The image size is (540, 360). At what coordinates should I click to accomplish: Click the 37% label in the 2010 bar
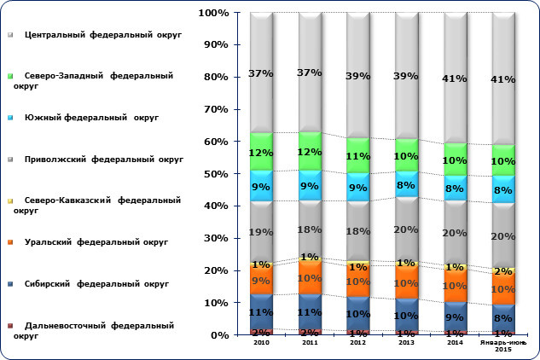click(260, 74)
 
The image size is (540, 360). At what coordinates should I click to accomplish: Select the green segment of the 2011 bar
click(310, 151)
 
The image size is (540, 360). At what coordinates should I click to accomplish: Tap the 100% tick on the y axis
click(211, 14)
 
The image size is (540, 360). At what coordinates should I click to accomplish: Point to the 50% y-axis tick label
click(214, 174)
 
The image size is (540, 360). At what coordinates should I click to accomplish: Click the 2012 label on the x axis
click(357, 342)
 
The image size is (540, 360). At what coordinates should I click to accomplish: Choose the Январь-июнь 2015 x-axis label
click(503, 345)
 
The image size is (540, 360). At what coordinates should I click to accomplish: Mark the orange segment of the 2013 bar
click(406, 282)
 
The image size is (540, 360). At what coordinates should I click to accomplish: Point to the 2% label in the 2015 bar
click(505, 271)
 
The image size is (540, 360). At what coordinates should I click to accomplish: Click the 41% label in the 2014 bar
click(455, 79)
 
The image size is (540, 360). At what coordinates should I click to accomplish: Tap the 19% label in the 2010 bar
click(260, 231)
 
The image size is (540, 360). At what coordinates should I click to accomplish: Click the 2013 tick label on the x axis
click(406, 342)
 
